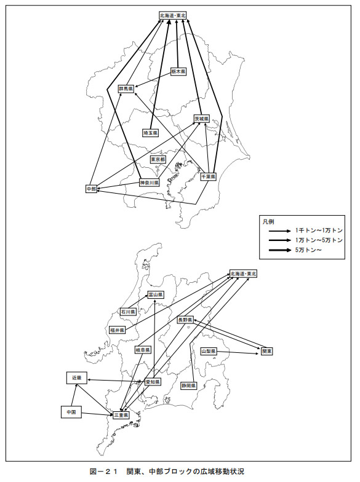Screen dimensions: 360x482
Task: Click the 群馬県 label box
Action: click(127, 89)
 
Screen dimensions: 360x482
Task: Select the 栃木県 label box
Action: click(178, 71)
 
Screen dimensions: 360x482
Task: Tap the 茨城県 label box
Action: click(202, 118)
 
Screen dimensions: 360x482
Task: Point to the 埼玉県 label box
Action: click(150, 133)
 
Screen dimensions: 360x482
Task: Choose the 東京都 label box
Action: click(158, 160)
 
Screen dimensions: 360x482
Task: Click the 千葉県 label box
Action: click(208, 177)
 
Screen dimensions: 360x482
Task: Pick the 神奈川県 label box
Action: click(149, 183)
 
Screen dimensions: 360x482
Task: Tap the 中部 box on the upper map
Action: click(91, 189)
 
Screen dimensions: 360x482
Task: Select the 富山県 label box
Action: click(156, 295)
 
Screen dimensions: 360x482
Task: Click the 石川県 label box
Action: click(128, 312)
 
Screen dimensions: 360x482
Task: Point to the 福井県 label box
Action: click(117, 330)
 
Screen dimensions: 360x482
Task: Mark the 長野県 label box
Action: click(185, 320)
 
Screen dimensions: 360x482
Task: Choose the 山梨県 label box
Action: click(209, 351)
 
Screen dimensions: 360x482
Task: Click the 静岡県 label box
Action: click(188, 385)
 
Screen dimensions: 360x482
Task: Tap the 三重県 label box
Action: click(121, 414)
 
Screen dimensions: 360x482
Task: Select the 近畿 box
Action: click(77, 377)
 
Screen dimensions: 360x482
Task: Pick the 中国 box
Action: click(71, 412)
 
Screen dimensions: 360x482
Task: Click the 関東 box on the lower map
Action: click(267, 351)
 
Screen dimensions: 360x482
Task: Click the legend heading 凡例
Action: click(268, 221)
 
